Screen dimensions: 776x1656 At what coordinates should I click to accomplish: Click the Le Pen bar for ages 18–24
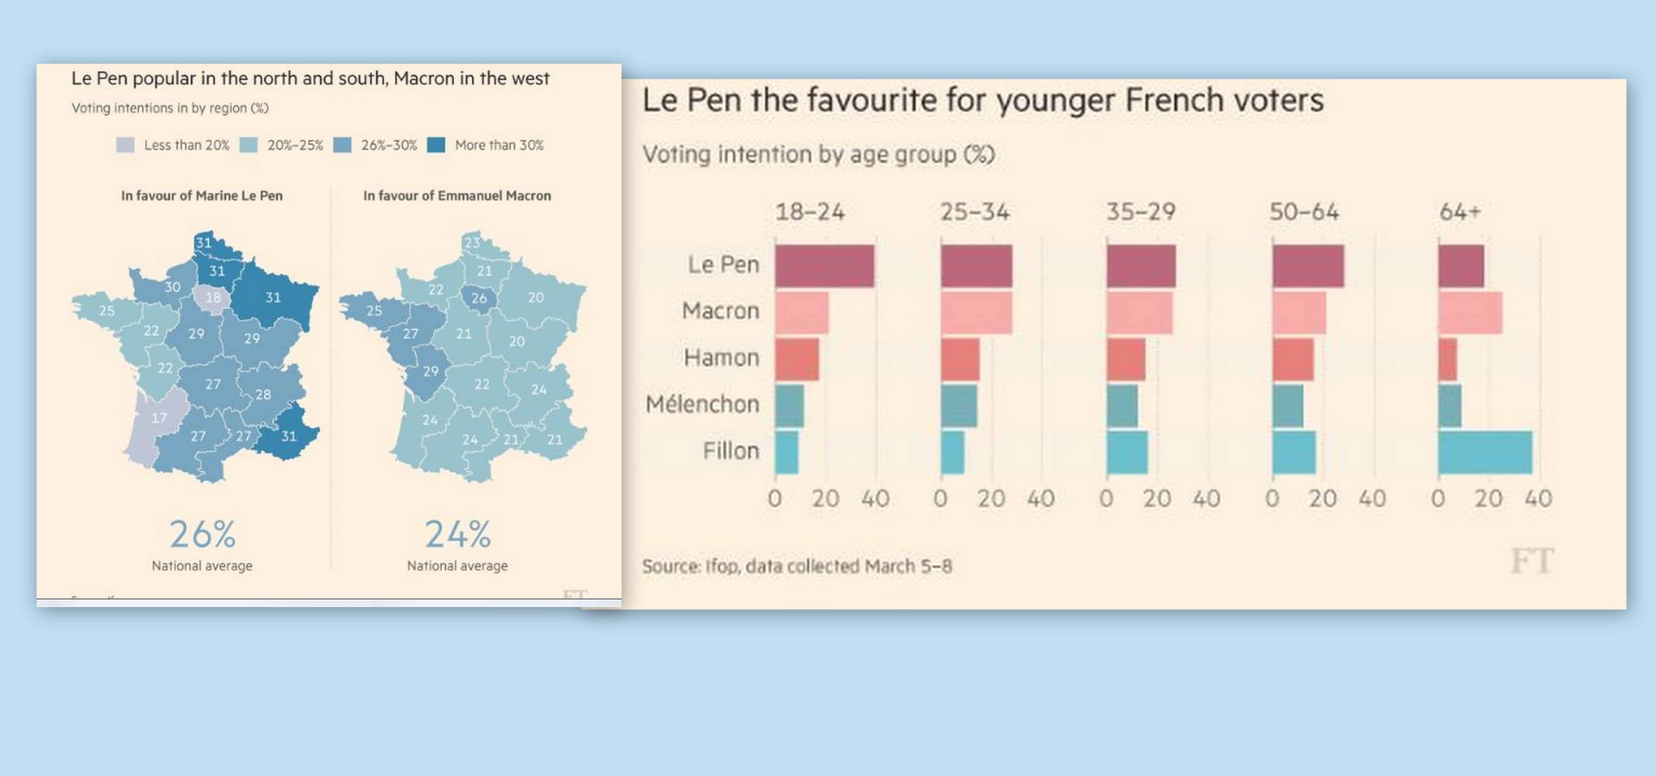[824, 266]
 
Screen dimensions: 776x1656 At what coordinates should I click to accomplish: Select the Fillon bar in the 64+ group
[1485, 452]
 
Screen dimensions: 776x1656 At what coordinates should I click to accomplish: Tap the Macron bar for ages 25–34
[976, 312]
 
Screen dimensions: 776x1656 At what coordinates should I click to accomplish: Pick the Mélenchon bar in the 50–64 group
[1288, 406]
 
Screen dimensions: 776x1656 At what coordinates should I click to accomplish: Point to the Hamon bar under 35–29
[1126, 359]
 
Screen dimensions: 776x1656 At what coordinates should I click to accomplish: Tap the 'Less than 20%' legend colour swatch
[125, 145]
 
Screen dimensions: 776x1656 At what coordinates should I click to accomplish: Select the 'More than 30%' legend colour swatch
[437, 145]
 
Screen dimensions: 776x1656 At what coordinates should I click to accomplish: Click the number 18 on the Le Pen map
[213, 298]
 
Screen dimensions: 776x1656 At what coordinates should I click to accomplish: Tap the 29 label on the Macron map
[431, 371]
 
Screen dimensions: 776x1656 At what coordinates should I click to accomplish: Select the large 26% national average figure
[202, 535]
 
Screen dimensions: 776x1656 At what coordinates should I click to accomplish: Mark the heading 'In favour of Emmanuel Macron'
[457, 195]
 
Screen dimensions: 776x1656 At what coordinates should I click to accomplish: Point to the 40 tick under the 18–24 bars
[875, 499]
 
